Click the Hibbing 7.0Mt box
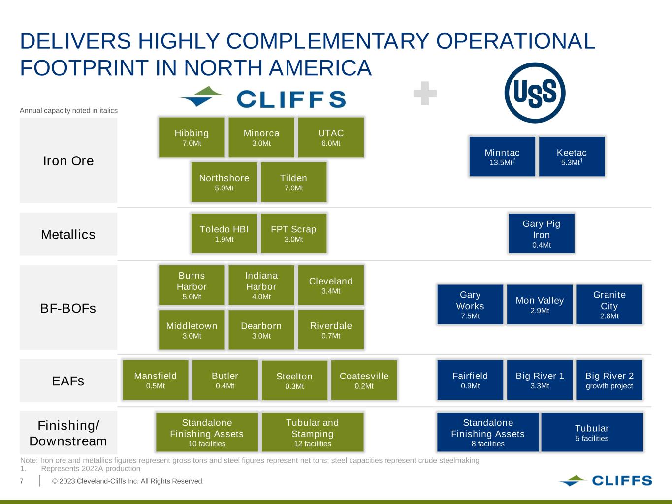click(x=192, y=137)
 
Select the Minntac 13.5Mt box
click(x=502, y=157)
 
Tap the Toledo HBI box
click(x=224, y=233)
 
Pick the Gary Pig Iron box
click(x=541, y=233)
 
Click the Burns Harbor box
click(x=192, y=285)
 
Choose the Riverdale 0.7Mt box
click(x=331, y=330)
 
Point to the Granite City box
click(x=609, y=305)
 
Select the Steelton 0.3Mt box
click(x=294, y=380)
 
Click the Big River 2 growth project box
click(x=609, y=380)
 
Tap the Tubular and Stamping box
click(x=313, y=432)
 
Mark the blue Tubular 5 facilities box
click(x=592, y=432)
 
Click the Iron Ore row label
click(x=68, y=161)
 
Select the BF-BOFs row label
click(x=68, y=308)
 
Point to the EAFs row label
click(x=68, y=381)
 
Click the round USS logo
click(x=535, y=93)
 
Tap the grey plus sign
click(x=425, y=94)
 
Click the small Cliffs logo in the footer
click(x=605, y=480)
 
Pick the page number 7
click(x=22, y=481)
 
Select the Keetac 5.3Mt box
click(x=572, y=157)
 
